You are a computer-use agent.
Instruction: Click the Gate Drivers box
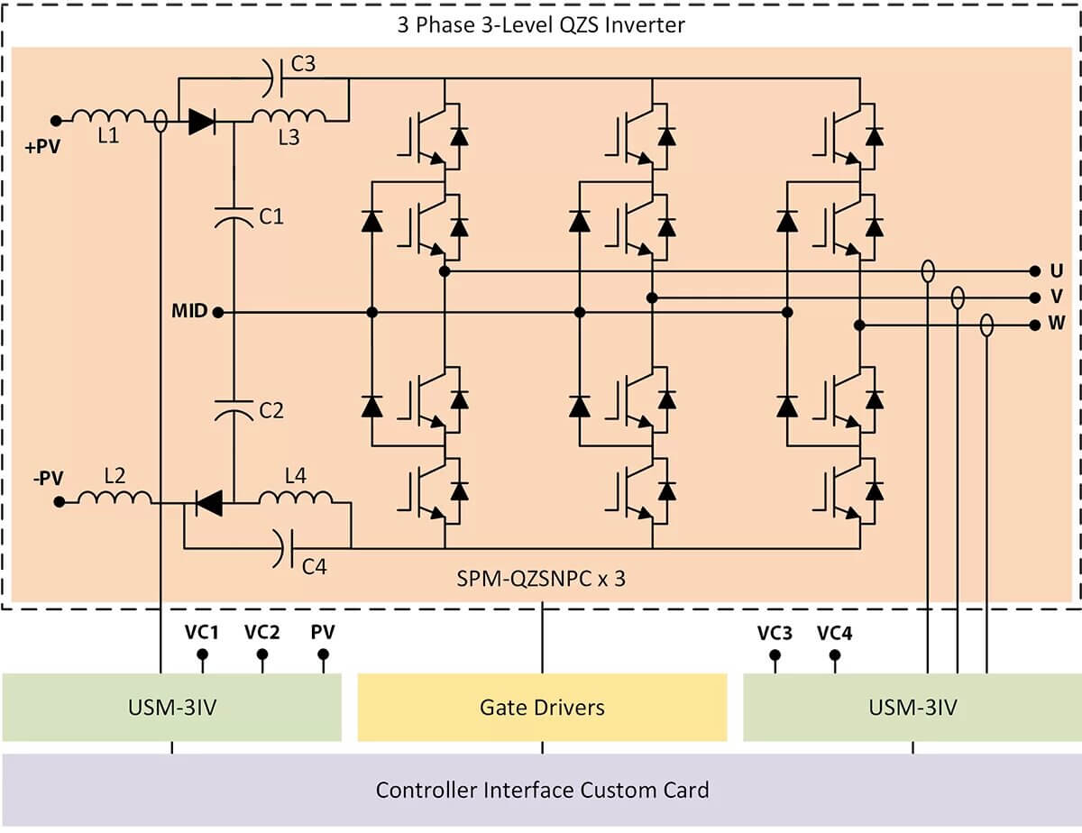pyautogui.click(x=542, y=708)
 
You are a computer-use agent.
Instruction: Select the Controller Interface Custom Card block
pyautogui.click(x=542, y=790)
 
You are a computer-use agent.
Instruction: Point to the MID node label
pyautogui.click(x=189, y=312)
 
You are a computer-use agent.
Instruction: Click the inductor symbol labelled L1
pyautogui.click(x=108, y=117)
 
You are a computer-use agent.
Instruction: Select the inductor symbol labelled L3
pyautogui.click(x=289, y=116)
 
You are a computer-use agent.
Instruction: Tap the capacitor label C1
pyautogui.click(x=271, y=216)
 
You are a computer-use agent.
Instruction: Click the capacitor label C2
pyautogui.click(x=271, y=410)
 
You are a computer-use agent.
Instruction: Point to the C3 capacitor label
pyautogui.click(x=303, y=64)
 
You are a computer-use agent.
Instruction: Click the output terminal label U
pyautogui.click(x=1056, y=270)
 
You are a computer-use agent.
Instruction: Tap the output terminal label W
pyautogui.click(x=1057, y=325)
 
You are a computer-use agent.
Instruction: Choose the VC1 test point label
pyautogui.click(x=203, y=632)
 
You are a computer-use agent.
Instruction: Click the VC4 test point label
pyautogui.click(x=834, y=633)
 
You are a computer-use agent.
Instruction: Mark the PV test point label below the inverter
pyautogui.click(x=323, y=632)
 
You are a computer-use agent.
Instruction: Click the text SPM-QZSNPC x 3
pyautogui.click(x=541, y=579)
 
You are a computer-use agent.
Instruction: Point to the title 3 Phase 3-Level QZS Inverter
pyautogui.click(x=541, y=24)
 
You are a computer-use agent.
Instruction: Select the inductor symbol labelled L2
pyautogui.click(x=115, y=498)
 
